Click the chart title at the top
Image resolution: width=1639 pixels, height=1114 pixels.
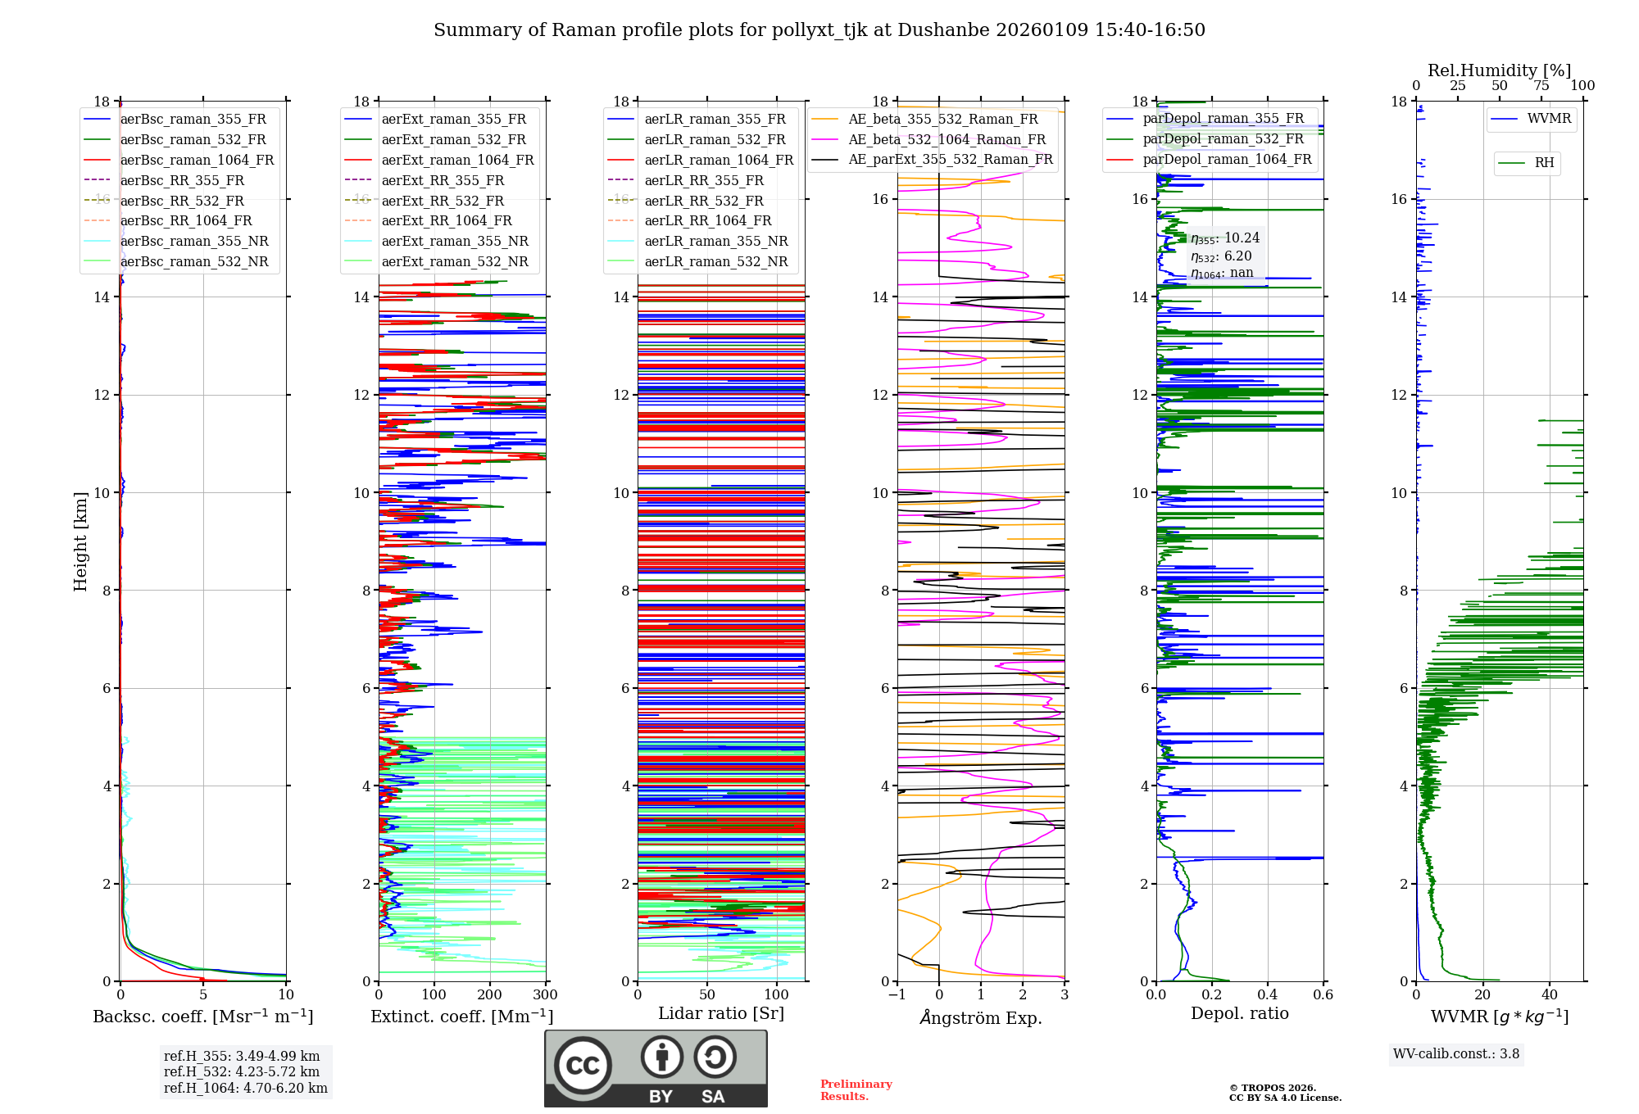tap(819, 30)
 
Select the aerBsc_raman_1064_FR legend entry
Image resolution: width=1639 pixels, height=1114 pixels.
tap(197, 160)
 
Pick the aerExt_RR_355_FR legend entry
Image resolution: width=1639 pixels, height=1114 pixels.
tap(443, 180)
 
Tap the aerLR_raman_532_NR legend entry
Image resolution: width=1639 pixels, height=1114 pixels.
tap(715, 261)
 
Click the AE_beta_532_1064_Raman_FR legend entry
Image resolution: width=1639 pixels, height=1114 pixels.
tap(947, 139)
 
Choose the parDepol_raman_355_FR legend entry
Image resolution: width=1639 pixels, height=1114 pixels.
tap(1223, 118)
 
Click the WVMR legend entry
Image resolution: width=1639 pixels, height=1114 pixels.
tap(1549, 119)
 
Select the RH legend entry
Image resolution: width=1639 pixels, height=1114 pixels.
tap(1544, 163)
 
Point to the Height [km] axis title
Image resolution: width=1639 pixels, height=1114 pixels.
tap(80, 541)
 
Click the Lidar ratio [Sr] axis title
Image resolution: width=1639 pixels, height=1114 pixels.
tap(721, 1013)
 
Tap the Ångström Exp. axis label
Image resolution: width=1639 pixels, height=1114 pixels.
tap(981, 1017)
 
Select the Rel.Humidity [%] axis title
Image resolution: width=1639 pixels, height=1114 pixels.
tap(1499, 70)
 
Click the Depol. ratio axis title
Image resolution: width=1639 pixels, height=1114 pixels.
tap(1239, 1013)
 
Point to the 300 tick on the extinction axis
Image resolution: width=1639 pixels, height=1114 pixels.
tap(545, 995)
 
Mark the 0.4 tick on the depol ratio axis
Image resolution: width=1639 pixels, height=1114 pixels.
tap(1268, 995)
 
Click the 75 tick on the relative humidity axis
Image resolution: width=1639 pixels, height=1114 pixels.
tap(1541, 86)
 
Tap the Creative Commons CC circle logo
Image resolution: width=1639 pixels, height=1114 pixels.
tap(583, 1065)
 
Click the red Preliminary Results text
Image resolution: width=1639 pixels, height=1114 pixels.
tap(856, 1089)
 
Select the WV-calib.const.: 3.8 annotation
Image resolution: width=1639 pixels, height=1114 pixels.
tap(1456, 1054)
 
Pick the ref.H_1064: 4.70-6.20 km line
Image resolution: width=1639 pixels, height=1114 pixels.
tap(245, 1089)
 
